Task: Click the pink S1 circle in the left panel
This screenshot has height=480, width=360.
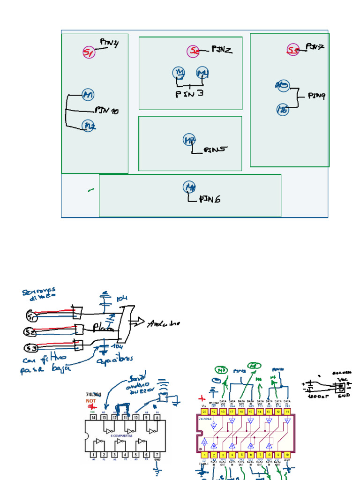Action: coord(89,52)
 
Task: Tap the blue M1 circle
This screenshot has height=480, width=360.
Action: coord(88,95)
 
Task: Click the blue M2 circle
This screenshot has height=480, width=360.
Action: coord(89,126)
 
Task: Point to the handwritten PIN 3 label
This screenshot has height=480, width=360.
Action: coord(189,94)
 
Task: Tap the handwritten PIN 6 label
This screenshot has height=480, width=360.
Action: coord(210,199)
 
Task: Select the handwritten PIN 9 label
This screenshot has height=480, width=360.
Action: coord(316,96)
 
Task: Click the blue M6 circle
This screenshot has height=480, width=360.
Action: coord(282,110)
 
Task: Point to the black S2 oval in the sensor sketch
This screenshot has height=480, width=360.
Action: coord(30,332)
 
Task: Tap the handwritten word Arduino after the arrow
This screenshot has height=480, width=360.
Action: coord(163,324)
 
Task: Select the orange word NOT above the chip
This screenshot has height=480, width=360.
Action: coord(91,402)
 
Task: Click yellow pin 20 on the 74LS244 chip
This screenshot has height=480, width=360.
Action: coord(204,411)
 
